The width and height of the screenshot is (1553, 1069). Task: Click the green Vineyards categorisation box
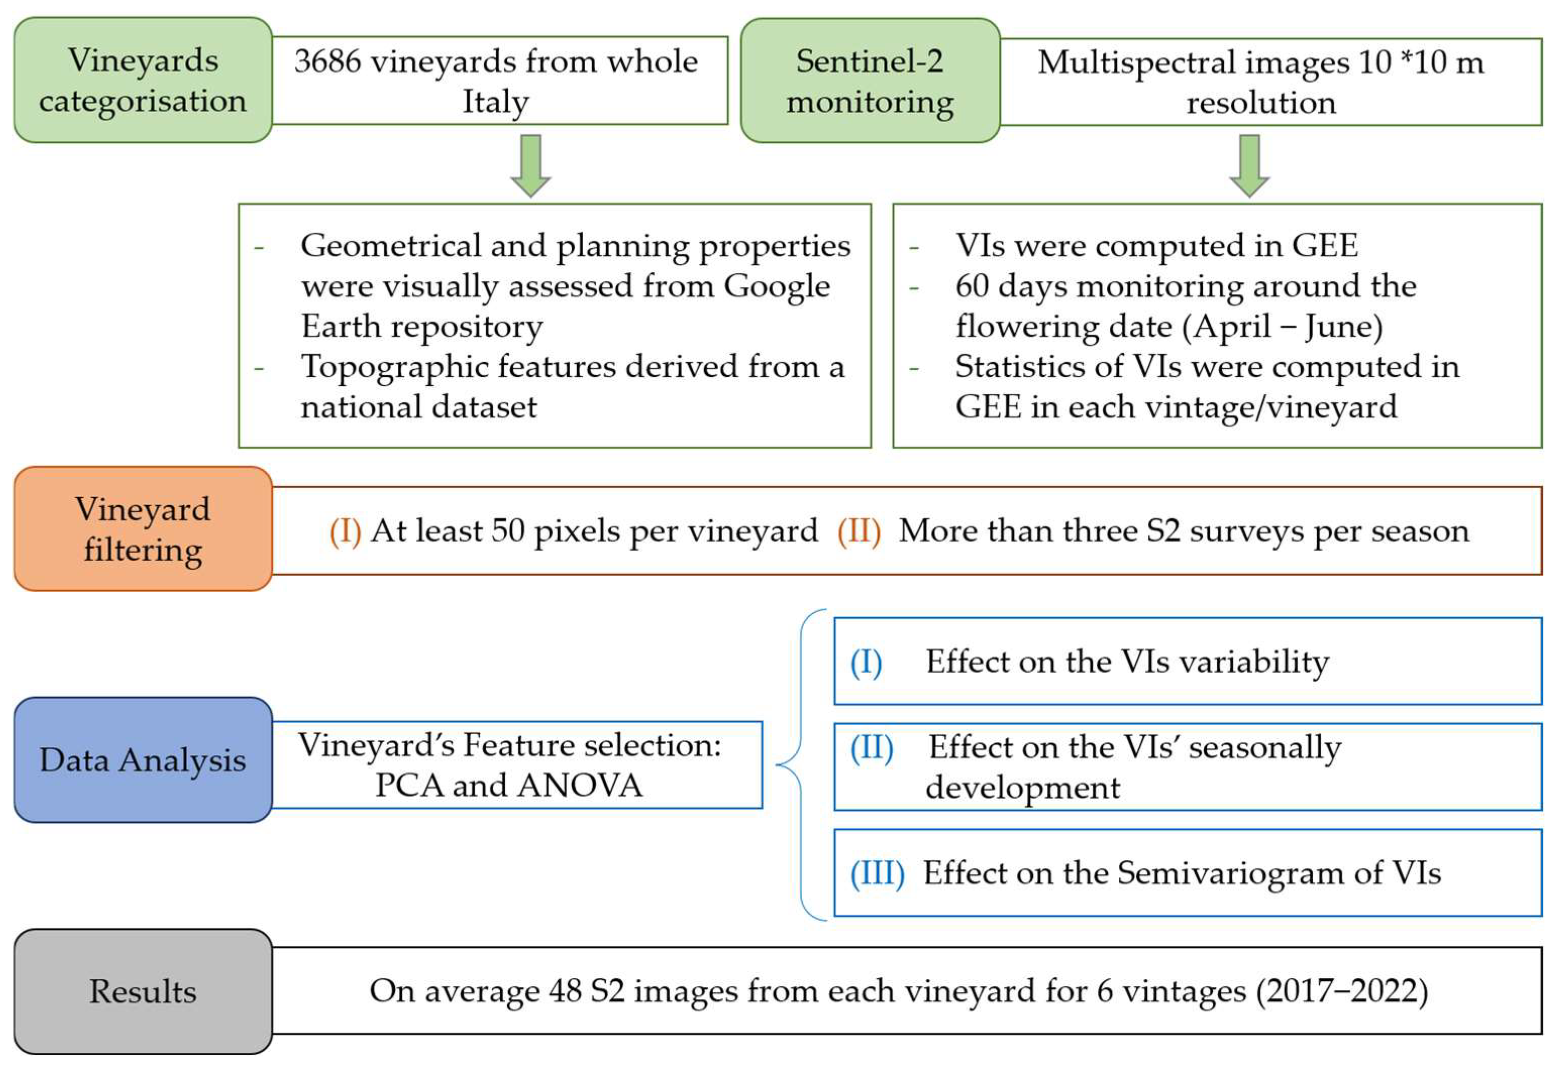(143, 80)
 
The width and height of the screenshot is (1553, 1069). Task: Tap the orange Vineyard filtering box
(143, 529)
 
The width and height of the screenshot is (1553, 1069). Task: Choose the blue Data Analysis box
(143, 760)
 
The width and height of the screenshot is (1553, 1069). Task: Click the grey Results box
(143, 991)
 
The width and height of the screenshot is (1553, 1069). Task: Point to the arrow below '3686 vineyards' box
(530, 165)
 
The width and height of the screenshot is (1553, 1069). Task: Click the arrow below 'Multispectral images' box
(1249, 165)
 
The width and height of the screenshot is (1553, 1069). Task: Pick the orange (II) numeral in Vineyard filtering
(859, 531)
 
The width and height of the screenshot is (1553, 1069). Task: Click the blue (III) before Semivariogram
(877, 873)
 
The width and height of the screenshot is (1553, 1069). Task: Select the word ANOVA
(580, 786)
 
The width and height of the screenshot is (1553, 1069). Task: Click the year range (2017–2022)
(1342, 991)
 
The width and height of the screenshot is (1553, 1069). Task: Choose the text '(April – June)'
(1281, 327)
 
